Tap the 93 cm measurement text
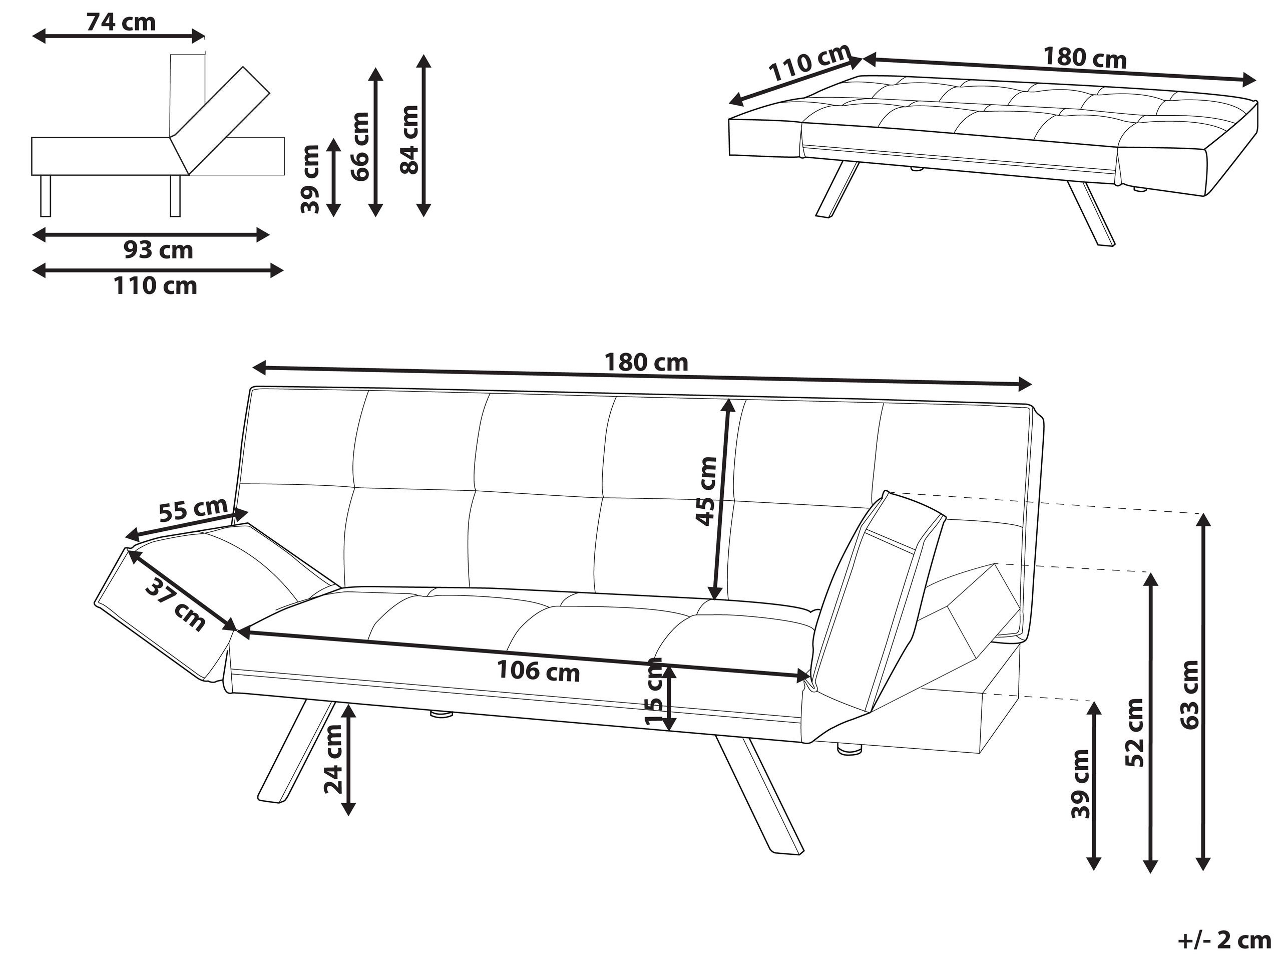[158, 250]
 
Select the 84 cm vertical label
[409, 140]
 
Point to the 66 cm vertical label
[360, 147]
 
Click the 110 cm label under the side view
[155, 285]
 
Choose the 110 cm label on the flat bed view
[809, 63]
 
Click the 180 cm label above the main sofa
[646, 363]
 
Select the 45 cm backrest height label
[706, 491]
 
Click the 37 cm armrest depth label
[174, 605]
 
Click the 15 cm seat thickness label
[654, 691]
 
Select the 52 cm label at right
[1134, 732]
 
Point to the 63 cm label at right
[1189, 695]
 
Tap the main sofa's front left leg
[295, 753]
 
